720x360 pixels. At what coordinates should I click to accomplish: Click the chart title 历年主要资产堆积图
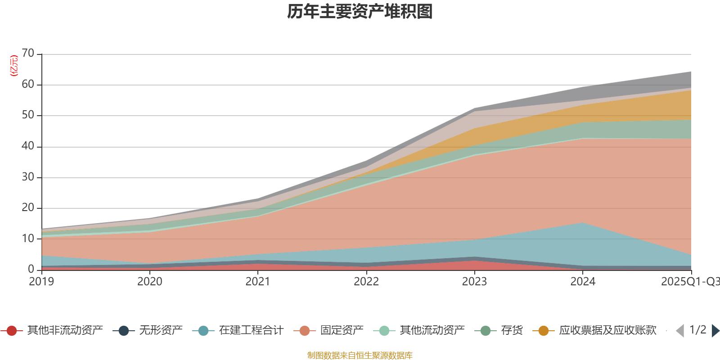360,12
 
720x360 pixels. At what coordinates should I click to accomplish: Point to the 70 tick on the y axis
28,54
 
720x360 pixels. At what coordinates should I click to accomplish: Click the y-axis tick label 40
28,146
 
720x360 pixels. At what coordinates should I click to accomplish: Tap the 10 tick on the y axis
28,238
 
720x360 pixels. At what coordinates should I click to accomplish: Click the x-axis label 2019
41,282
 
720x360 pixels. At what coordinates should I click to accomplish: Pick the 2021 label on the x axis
258,282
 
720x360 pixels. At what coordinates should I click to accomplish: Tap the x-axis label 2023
474,282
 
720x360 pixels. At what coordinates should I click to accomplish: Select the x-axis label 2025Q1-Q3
689,282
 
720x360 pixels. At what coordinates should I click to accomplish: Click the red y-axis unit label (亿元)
14,66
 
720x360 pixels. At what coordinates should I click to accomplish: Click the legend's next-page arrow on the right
715,331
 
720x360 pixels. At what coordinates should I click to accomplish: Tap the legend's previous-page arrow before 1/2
680,331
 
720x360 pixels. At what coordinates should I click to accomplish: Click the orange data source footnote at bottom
360,355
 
